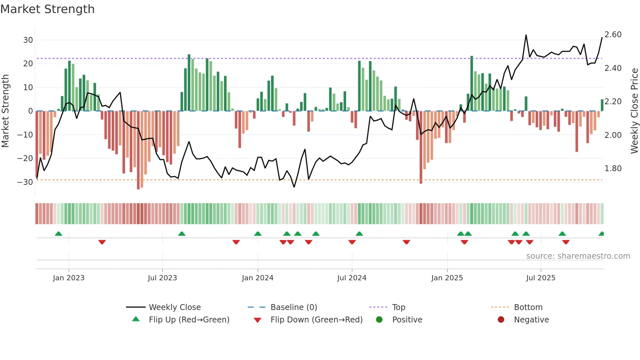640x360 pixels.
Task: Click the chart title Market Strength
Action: tap(47, 9)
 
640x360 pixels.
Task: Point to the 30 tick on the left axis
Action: tap(28, 40)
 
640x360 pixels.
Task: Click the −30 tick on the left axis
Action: tap(25, 182)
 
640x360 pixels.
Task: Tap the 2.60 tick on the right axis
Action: tap(613, 35)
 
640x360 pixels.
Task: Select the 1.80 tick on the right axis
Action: tap(613, 169)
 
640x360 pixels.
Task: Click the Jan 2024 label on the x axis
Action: tap(258, 278)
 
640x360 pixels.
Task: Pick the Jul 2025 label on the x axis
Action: tap(541, 278)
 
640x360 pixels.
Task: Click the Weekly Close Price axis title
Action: tap(634, 111)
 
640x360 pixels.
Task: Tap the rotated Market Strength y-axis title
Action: tap(5, 111)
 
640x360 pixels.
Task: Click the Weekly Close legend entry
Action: tap(175, 307)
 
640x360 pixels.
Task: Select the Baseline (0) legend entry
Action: tap(294, 307)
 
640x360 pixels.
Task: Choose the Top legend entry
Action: tap(398, 307)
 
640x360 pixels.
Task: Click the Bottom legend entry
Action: tap(528, 307)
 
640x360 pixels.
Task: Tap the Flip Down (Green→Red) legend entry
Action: tap(316, 320)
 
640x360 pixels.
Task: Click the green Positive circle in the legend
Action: tap(379, 319)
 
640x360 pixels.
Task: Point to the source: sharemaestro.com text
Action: tap(578, 256)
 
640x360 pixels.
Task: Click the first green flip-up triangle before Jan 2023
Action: tap(58, 234)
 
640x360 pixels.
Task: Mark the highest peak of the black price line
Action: tap(526, 35)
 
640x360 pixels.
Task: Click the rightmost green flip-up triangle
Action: tap(601, 234)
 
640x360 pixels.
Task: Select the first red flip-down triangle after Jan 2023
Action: tap(102, 242)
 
